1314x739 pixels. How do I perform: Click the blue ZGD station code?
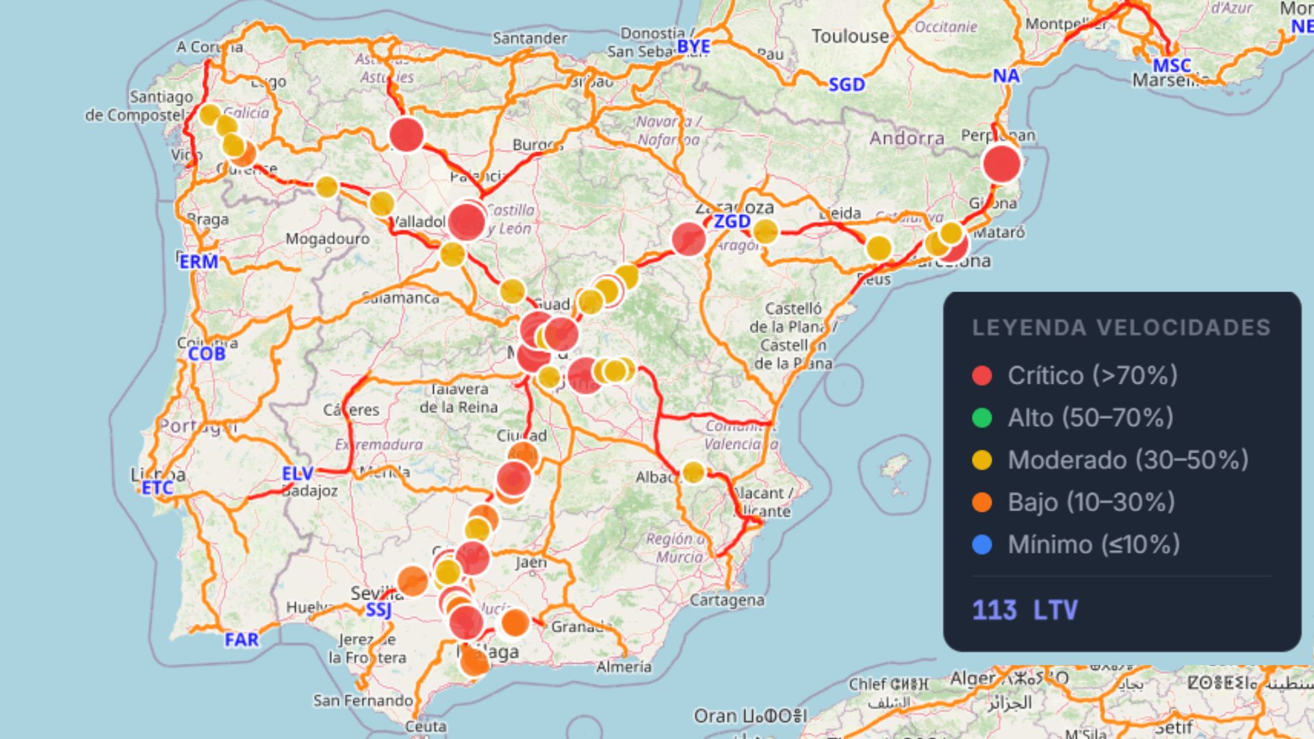pos(732,222)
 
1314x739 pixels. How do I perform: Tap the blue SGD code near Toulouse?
pos(847,85)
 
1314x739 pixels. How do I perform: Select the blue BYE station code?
pos(693,47)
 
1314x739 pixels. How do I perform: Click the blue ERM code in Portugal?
pos(199,261)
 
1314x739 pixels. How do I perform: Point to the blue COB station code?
pos(207,354)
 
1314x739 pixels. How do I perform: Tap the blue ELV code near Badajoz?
pos(298,474)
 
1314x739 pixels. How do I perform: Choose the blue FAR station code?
pos(242,640)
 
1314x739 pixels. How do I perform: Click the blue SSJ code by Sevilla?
pos(378,610)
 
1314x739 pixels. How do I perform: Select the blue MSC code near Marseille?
pos(1172,66)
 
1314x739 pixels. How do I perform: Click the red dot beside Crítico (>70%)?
pos(982,375)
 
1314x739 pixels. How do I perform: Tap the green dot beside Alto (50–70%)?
pos(982,417)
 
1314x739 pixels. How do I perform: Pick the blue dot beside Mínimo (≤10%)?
pos(982,545)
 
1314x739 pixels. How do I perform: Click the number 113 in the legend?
pos(994,610)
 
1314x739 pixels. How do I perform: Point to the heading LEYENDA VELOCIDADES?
pos(1121,328)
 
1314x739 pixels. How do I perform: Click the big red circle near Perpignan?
pos(1001,164)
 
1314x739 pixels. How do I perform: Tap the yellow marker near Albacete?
pos(693,471)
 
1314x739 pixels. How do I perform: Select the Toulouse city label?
pos(850,36)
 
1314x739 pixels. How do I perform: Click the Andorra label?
pos(907,138)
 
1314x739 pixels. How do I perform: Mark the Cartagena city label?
pos(727,600)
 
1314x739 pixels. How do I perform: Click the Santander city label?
pos(530,38)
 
